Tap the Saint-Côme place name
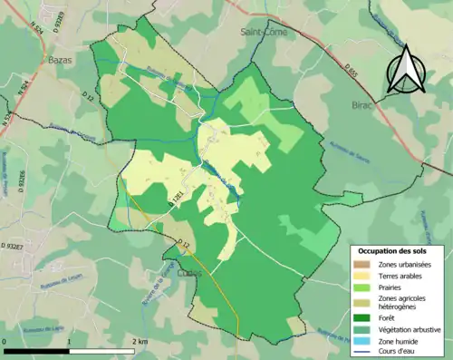261,32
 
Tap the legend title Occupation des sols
396,250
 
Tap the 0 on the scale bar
5,341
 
